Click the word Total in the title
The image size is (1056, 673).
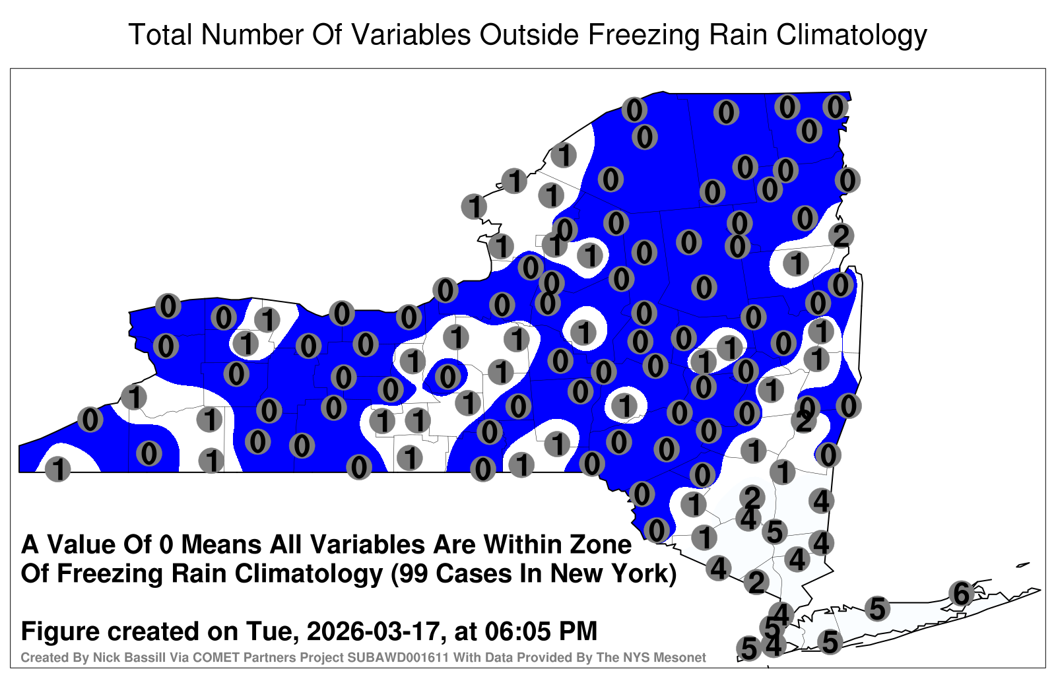click(160, 34)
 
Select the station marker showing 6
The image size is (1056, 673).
click(962, 593)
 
